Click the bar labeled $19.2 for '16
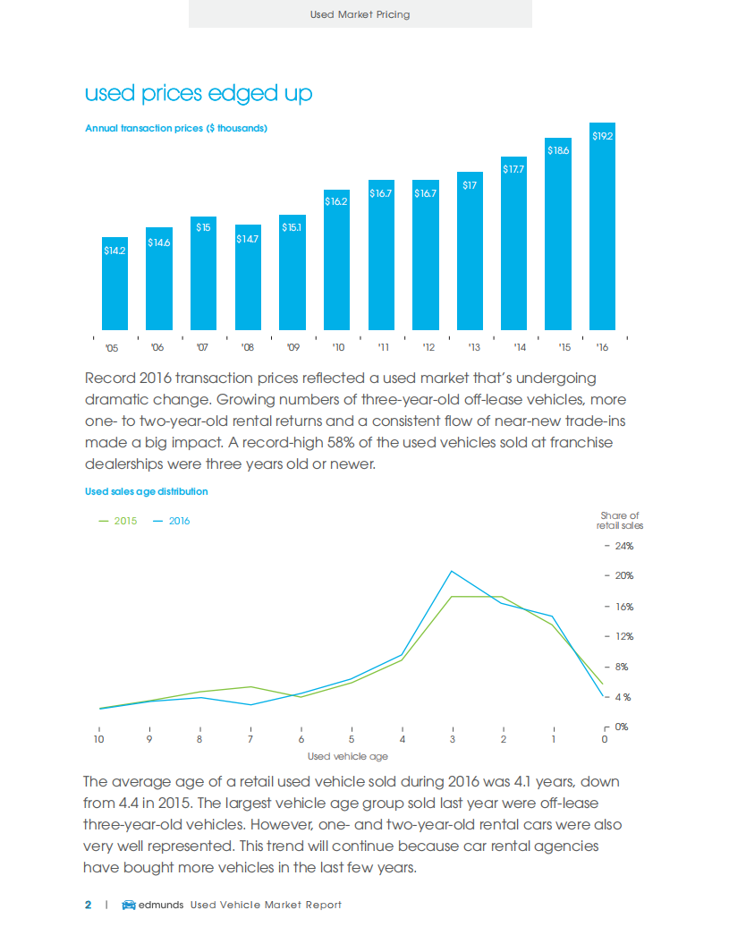[x=603, y=228]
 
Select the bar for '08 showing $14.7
[x=248, y=277]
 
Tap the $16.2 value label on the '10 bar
[x=336, y=202]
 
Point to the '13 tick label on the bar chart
[x=474, y=347]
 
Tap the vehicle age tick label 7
[x=250, y=739]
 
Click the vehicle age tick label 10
[x=99, y=739]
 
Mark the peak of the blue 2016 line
[x=453, y=571]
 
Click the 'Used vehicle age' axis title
[x=354, y=757]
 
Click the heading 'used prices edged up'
[x=198, y=94]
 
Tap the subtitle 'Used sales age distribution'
[x=147, y=491]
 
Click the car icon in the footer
[x=128, y=905]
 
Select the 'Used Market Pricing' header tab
[x=360, y=14]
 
